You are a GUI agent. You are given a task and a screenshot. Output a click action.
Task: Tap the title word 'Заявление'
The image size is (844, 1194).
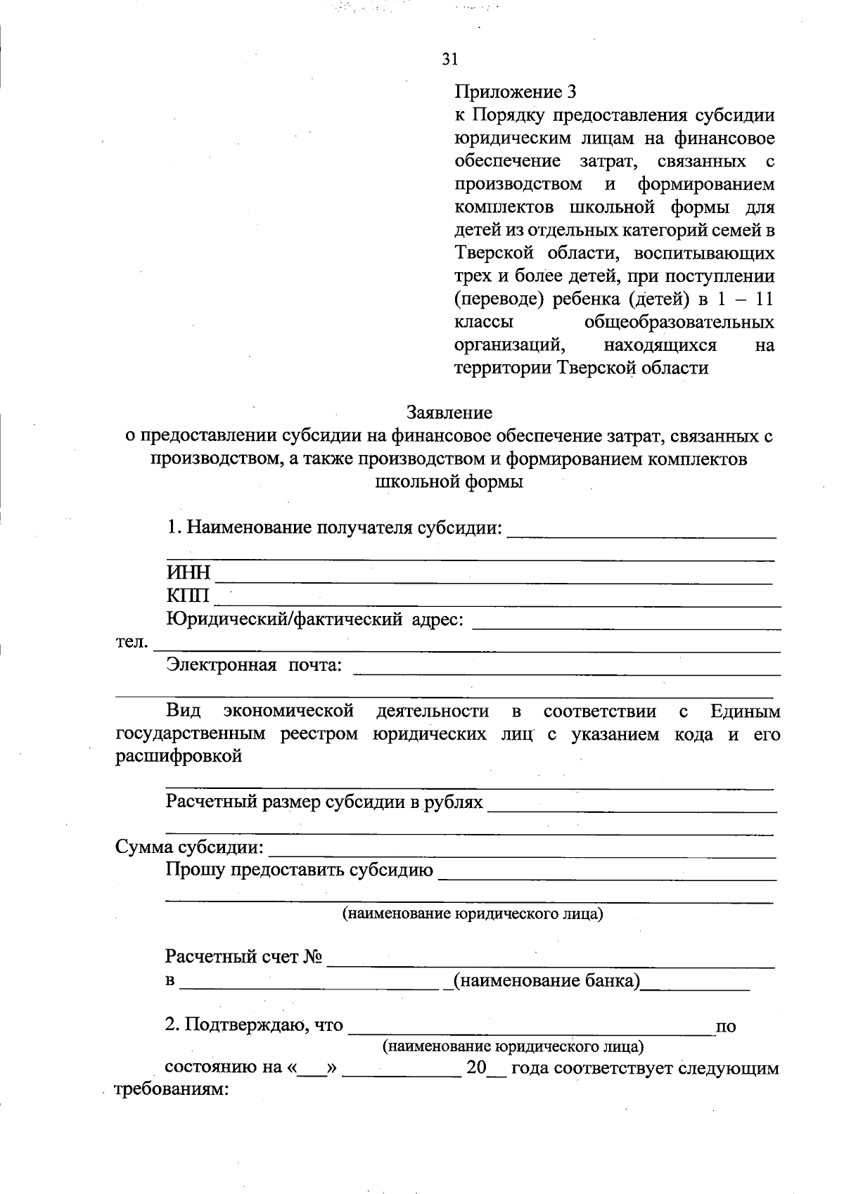tap(449, 412)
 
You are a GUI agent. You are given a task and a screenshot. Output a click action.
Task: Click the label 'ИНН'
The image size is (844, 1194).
tap(188, 573)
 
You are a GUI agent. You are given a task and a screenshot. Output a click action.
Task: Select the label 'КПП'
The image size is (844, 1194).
tap(188, 596)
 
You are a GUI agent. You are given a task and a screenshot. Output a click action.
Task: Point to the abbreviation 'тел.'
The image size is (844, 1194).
tap(132, 642)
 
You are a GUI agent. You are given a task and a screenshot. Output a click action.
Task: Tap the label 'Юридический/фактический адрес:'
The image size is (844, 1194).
tap(314, 620)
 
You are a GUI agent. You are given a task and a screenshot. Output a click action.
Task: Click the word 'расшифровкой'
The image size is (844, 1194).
tap(179, 757)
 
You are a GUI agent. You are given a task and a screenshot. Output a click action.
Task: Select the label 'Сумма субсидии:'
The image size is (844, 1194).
tap(189, 847)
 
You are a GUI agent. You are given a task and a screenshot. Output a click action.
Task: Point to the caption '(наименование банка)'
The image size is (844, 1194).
tap(546, 980)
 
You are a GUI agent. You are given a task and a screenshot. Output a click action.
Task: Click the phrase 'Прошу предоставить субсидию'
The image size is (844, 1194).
tap(299, 870)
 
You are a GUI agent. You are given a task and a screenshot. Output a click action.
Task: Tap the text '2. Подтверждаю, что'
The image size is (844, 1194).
tap(254, 1025)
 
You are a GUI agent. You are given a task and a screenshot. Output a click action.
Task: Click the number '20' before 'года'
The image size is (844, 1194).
tap(476, 1068)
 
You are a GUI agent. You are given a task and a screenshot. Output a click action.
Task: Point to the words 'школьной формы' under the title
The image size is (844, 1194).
tap(449, 482)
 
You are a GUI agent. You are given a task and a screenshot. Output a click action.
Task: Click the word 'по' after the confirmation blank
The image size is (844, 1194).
tap(725, 1027)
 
